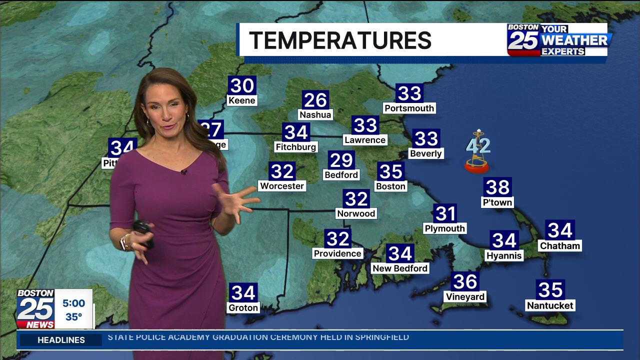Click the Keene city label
[242, 100]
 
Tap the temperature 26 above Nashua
[315, 100]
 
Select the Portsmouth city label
[409, 108]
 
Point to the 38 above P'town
[497, 187]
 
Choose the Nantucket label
[550, 305]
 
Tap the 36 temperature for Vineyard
[465, 281]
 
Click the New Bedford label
[400, 268]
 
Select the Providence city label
[337, 253]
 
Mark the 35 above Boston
[390, 171]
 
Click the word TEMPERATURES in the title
[340, 40]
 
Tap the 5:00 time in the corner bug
[73, 303]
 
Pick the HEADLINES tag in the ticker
[61, 340]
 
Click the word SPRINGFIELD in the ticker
[382, 337]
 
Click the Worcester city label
[282, 186]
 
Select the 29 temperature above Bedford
[341, 160]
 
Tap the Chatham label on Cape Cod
[560, 246]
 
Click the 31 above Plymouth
[445, 214]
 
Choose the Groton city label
[243, 308]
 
